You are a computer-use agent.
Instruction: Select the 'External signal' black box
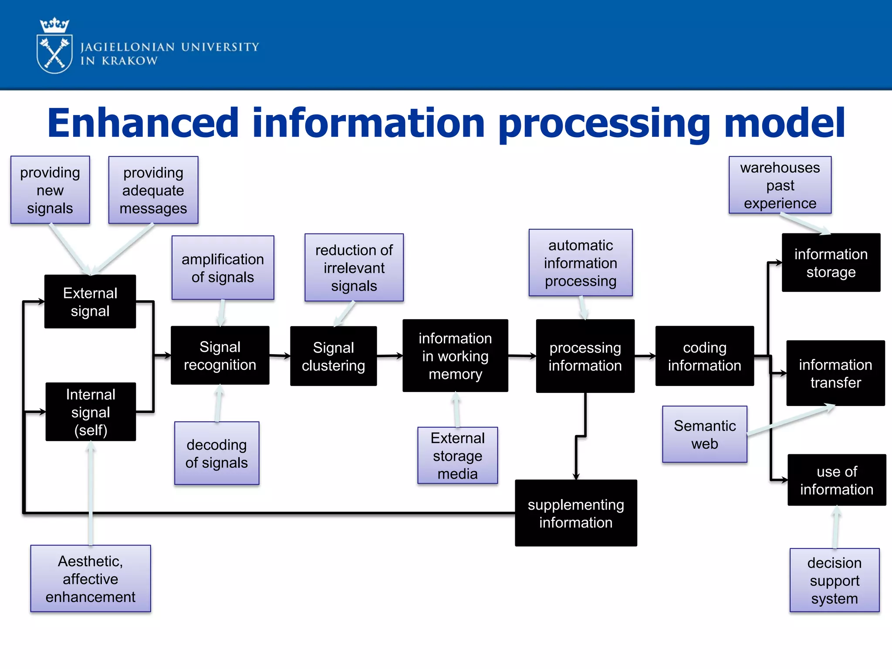tap(90, 301)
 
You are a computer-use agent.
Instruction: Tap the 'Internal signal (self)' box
tap(91, 412)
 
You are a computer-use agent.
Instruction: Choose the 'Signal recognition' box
tap(220, 355)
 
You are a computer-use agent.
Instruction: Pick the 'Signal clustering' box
tap(333, 356)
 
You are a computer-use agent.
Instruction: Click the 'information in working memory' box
tap(455, 356)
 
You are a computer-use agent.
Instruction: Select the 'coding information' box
tap(704, 356)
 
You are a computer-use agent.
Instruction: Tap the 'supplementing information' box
tap(576, 513)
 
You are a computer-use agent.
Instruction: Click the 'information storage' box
tap(831, 263)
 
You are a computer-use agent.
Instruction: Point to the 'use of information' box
tap(836, 480)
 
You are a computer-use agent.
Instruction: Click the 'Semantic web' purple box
tap(704, 434)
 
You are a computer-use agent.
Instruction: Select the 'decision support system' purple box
tap(834, 580)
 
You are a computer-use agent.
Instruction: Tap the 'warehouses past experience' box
tap(780, 185)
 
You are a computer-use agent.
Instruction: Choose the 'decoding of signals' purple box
tap(216, 453)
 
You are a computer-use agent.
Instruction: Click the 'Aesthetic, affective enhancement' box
tap(91, 578)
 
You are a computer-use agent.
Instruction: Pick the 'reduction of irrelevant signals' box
tap(354, 267)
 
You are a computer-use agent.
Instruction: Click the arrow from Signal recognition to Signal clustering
tap(280, 356)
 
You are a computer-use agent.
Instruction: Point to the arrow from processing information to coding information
tap(645, 356)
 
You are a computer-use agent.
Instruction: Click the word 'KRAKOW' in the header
tap(129, 61)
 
